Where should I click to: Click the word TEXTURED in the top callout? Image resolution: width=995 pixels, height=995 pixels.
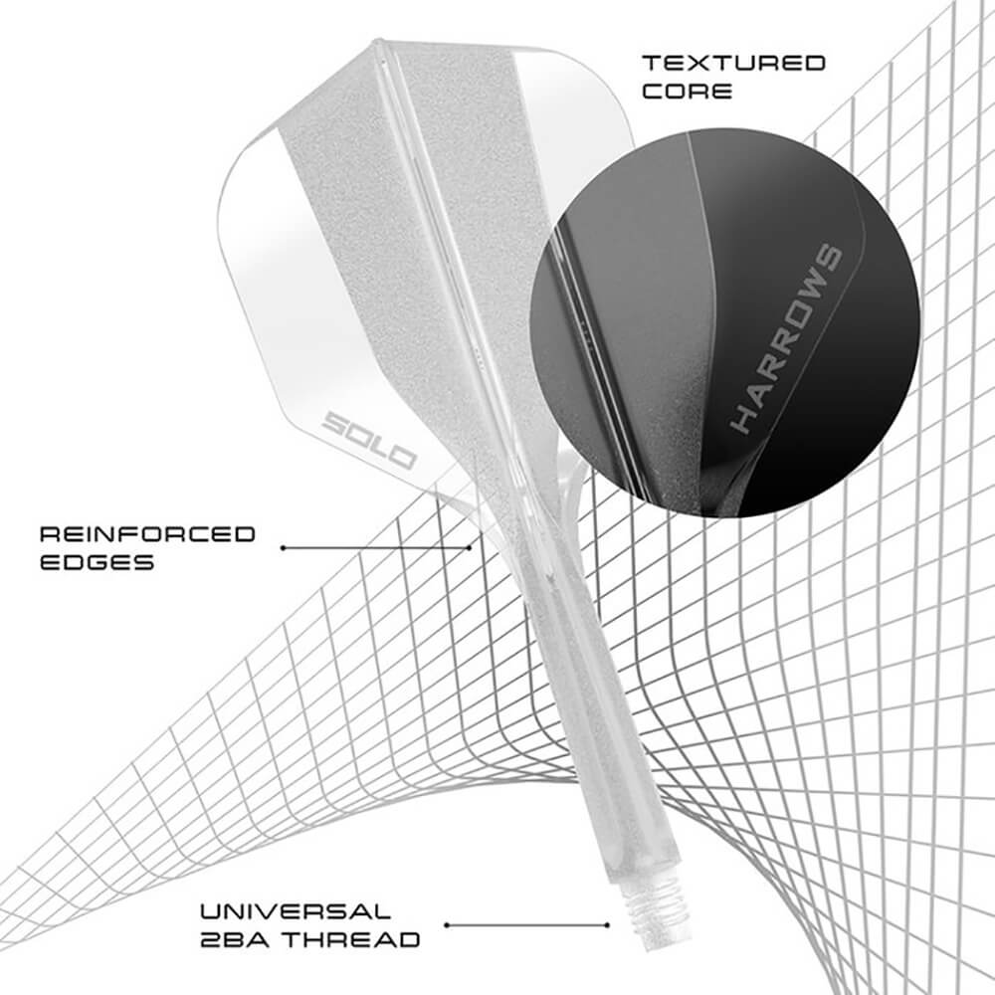click(x=733, y=64)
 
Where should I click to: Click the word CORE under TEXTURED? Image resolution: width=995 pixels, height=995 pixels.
click(x=687, y=92)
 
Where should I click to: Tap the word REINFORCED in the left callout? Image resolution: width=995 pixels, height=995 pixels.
click(x=147, y=534)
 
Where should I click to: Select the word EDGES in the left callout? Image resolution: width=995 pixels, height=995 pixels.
click(x=97, y=562)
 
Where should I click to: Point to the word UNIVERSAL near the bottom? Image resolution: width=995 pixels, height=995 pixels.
click(x=295, y=910)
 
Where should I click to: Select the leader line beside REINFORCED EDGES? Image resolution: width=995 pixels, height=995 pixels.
click(x=375, y=547)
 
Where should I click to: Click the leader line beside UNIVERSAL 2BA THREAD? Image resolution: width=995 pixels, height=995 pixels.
click(x=526, y=924)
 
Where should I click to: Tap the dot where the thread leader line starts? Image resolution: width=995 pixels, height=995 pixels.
click(x=447, y=924)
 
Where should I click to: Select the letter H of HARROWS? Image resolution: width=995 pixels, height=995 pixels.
click(x=743, y=418)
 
